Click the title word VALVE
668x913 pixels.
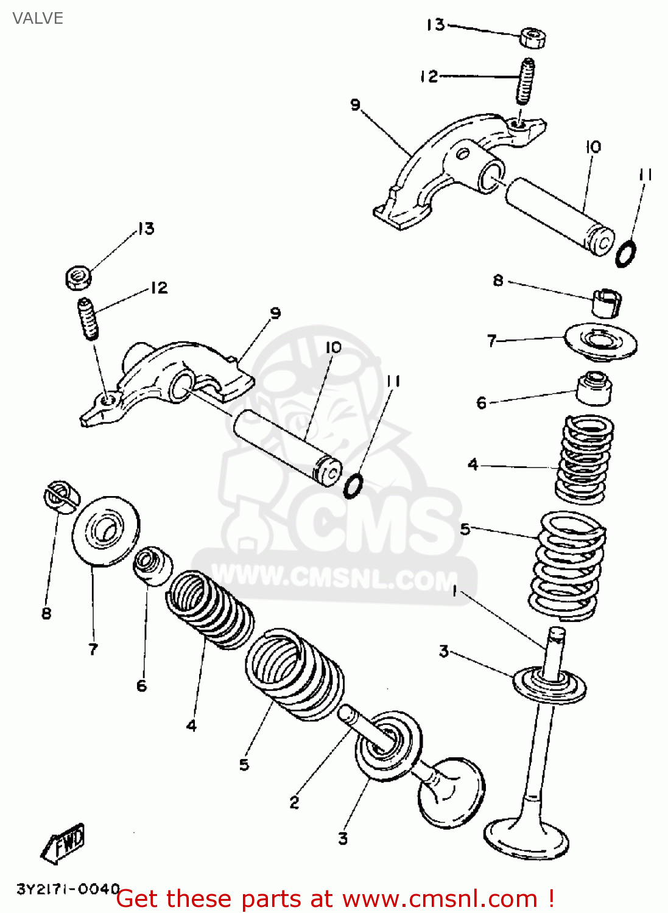pos(38,18)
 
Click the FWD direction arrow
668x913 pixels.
pos(63,843)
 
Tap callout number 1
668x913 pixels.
pos(454,590)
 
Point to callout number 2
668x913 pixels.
pos(294,802)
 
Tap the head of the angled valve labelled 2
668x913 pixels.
pos(451,792)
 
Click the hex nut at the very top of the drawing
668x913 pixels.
pos(533,38)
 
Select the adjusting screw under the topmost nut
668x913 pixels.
pos(526,81)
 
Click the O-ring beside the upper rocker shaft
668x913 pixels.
pos(625,253)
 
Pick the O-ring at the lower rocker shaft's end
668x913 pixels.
pos(354,486)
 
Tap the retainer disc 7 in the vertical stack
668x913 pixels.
pos(601,342)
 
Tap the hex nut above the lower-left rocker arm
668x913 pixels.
pos(78,278)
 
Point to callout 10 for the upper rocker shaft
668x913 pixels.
pos(593,147)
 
